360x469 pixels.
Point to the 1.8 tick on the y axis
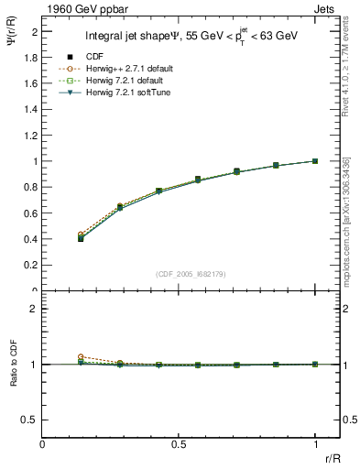pos(32,57)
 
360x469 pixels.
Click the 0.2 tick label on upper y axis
pos(32,266)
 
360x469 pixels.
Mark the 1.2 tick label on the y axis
pos(32,135)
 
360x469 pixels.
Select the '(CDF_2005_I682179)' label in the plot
pos(178,274)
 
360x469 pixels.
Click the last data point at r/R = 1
pos(315,161)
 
